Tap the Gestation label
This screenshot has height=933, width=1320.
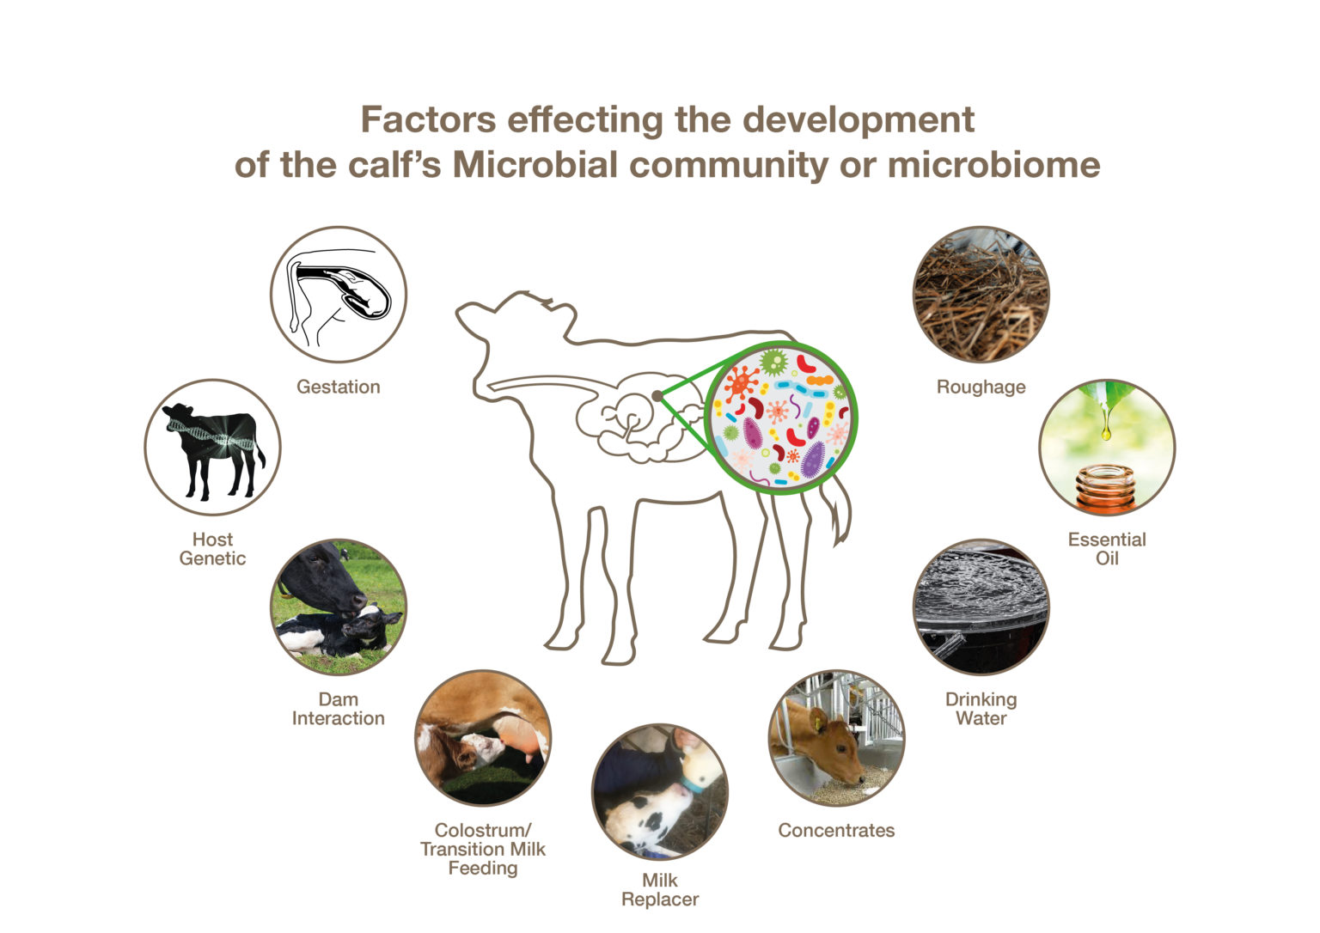(x=338, y=387)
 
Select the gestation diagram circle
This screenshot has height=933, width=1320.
(x=338, y=295)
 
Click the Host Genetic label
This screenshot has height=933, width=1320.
(x=212, y=549)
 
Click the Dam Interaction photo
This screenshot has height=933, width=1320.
(x=338, y=607)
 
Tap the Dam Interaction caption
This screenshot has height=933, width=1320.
(x=338, y=709)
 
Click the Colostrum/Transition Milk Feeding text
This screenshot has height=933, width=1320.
(x=482, y=849)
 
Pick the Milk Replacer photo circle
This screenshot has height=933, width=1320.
(x=659, y=791)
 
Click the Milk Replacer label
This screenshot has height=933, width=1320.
(x=659, y=890)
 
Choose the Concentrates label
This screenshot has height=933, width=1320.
(x=835, y=830)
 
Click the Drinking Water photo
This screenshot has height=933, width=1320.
(x=981, y=607)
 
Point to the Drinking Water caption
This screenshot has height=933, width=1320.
(x=981, y=709)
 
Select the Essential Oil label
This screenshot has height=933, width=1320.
(x=1106, y=549)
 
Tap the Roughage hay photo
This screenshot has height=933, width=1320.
(x=981, y=295)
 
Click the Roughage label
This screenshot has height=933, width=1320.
(x=981, y=387)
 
